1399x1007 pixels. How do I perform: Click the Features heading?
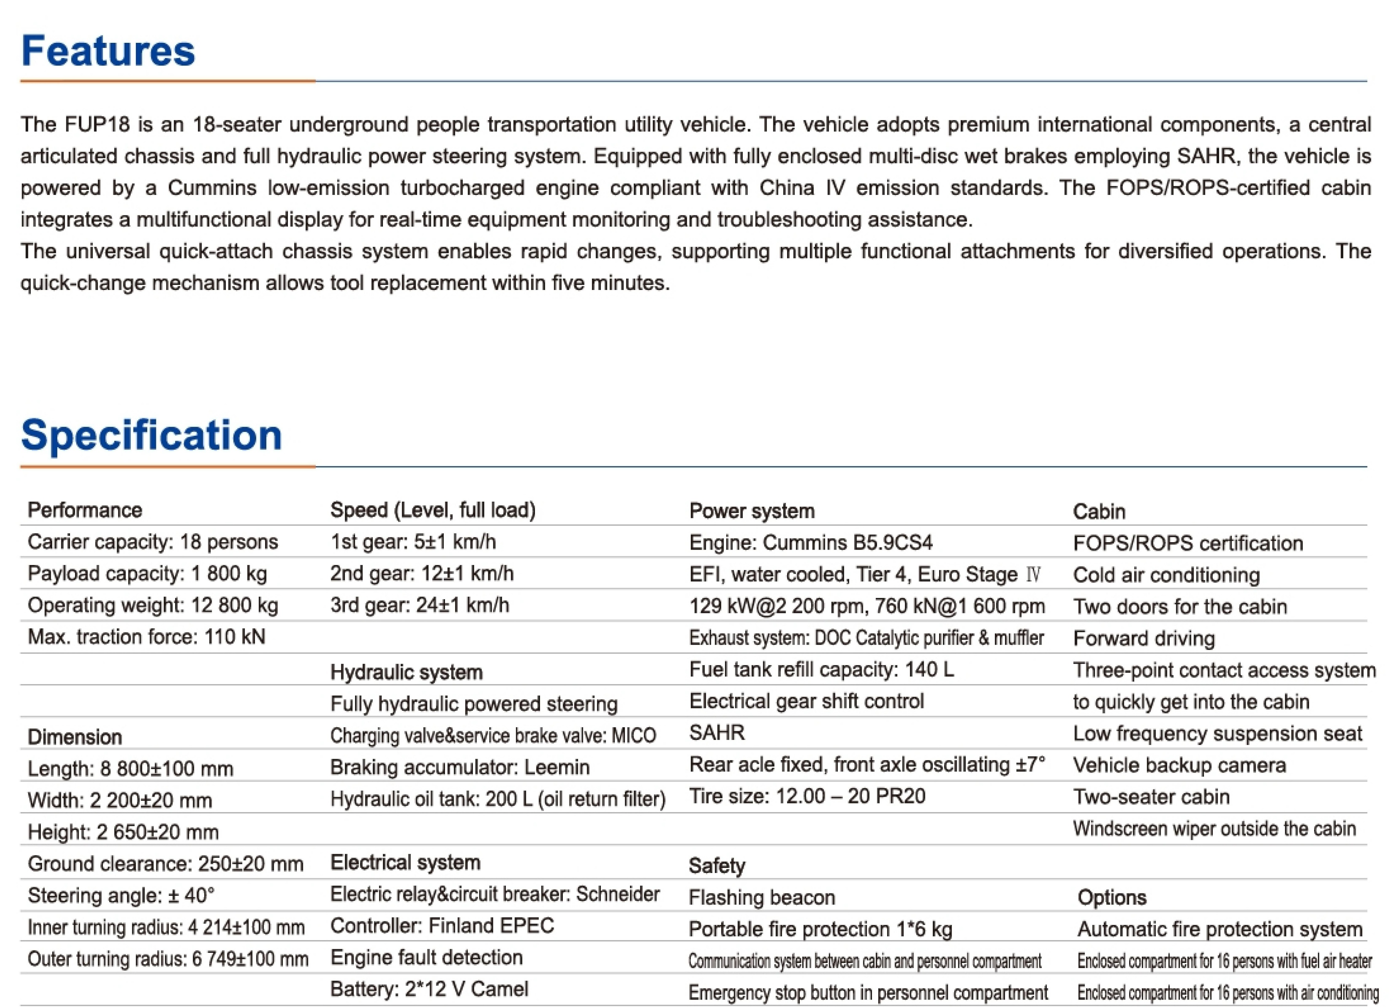pos(108,51)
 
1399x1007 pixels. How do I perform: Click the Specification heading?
pos(151,435)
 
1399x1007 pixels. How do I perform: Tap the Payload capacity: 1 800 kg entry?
pos(147,574)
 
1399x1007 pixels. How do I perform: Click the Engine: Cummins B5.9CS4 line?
pos(811,542)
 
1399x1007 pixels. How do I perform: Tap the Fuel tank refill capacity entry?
pos(821,669)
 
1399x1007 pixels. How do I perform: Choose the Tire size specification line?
pos(807,796)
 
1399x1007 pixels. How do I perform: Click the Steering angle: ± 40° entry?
pos(121,895)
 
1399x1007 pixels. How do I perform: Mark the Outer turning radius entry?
pos(168,959)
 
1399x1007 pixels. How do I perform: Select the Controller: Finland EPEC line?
pos(442,926)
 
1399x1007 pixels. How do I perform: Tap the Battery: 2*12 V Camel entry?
pos(429,989)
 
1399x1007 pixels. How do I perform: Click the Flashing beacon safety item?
pos(762,897)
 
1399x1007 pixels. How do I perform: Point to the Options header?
pos(1112,897)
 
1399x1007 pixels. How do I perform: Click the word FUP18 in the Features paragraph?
pos(97,125)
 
